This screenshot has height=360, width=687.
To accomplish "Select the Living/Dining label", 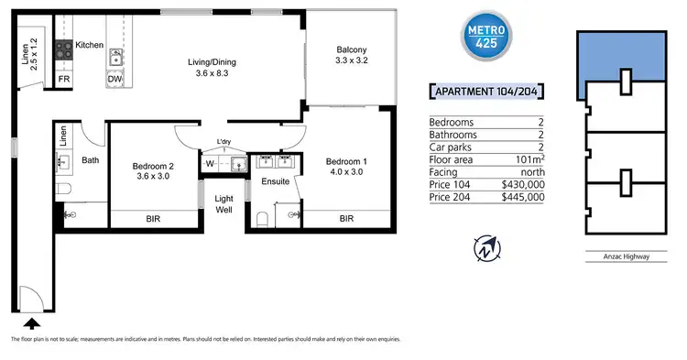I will point(213,67).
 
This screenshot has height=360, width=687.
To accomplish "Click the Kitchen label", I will point(90,45).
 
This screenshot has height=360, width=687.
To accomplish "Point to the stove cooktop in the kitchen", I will point(64,52).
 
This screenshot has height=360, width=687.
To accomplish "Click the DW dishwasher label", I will point(114,80).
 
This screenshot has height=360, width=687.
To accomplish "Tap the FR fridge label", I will point(64,80).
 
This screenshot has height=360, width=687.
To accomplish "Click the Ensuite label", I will point(276,181).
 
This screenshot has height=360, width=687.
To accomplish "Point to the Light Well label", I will point(224,203).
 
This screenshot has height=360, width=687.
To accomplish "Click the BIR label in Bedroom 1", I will point(346,220).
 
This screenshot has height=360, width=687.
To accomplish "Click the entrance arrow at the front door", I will point(32,322).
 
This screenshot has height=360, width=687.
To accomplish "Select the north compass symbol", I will point(485,247).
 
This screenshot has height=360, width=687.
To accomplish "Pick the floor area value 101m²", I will point(529,159).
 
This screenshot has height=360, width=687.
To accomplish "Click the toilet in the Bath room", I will point(64,189).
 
